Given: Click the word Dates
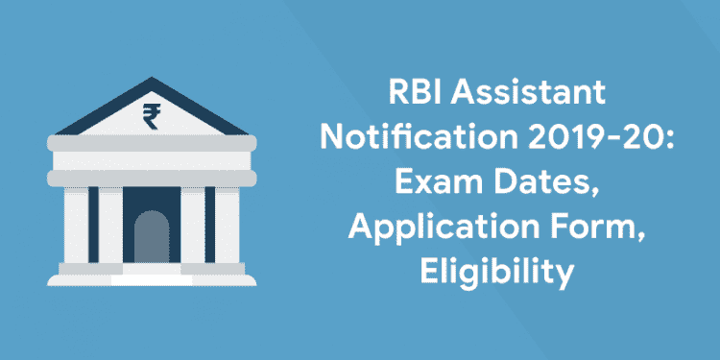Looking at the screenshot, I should click(x=549, y=185).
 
